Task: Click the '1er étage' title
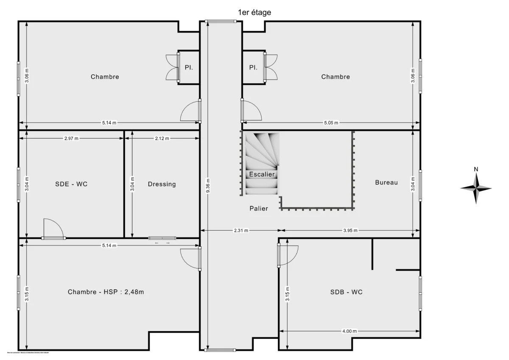(255, 13)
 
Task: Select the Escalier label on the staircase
(262, 174)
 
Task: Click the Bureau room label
(386, 182)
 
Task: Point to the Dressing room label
(162, 184)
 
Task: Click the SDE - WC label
(71, 184)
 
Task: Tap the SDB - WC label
(347, 292)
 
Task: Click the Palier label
(259, 208)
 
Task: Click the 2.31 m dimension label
(241, 231)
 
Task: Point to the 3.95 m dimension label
(350, 231)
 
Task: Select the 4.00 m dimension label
(349, 331)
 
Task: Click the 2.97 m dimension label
(71, 138)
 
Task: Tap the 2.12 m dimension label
(162, 138)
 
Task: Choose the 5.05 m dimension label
(331, 123)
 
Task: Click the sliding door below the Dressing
(162, 238)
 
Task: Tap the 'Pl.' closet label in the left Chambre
(189, 67)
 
